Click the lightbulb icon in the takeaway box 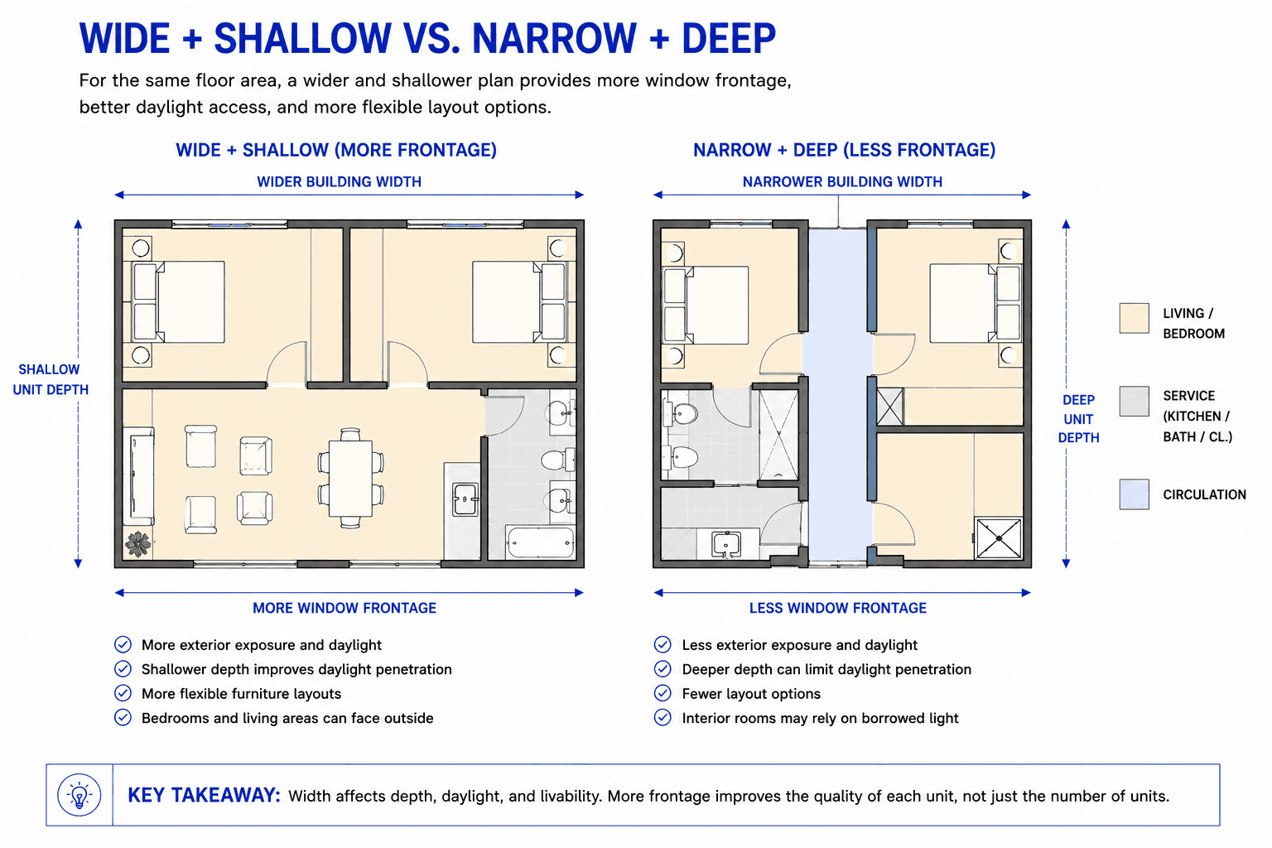79,795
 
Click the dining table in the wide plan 350,479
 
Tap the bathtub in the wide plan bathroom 540,543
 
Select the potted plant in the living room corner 138,543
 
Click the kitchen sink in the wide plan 465,499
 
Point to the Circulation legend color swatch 1134,494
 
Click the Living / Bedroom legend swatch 1134,318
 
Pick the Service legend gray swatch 1134,401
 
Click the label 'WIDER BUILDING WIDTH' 339,181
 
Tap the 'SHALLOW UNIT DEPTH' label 51,379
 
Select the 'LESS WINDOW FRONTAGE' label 837,609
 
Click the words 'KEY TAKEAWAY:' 204,795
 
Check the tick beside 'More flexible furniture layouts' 123,693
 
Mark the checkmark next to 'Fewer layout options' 662,693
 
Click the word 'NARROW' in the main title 554,39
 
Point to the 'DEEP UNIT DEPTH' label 1078,418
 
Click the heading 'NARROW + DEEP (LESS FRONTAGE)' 845,150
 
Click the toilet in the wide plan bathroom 557,459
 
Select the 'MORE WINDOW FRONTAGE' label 344,609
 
